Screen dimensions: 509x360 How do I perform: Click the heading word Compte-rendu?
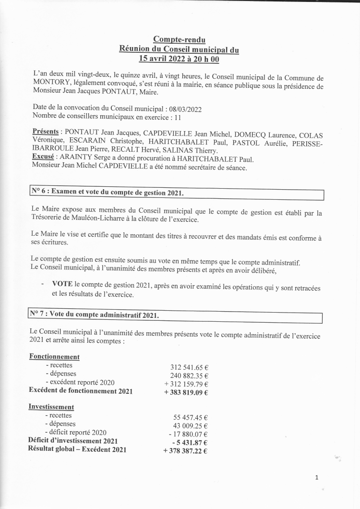click(x=179, y=39)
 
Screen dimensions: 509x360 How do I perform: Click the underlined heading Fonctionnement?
click(x=54, y=357)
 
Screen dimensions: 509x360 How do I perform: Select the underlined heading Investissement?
click(x=51, y=407)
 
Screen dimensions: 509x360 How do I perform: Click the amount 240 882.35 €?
click(x=189, y=376)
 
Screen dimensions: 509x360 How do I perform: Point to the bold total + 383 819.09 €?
click(x=186, y=392)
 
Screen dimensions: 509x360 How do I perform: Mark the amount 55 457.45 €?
click(x=190, y=417)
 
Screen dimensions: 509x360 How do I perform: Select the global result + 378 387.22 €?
click(x=185, y=450)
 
